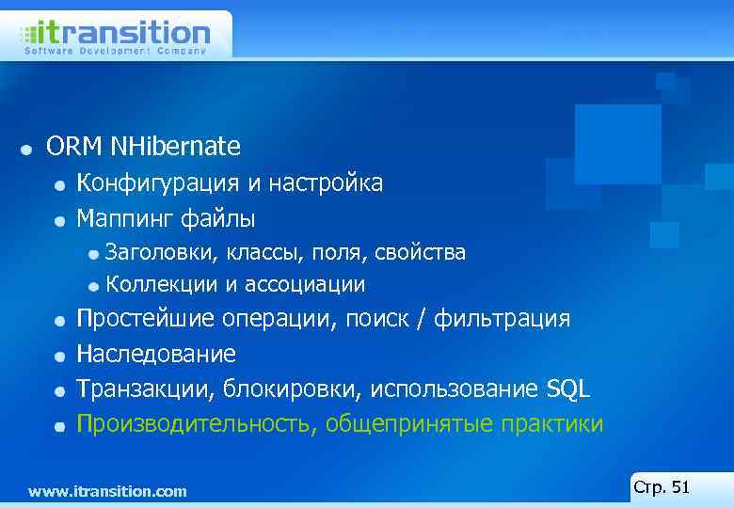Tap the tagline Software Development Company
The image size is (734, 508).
[115, 52]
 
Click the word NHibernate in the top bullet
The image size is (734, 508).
[175, 147]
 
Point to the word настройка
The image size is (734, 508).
[326, 183]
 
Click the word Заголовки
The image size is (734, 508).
[157, 252]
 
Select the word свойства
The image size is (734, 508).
[420, 252]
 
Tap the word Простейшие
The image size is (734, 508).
[146, 319]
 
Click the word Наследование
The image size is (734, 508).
[156, 355]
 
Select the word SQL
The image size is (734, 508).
[567, 389]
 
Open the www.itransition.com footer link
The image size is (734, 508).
[107, 491]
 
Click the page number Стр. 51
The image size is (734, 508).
[662, 487]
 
